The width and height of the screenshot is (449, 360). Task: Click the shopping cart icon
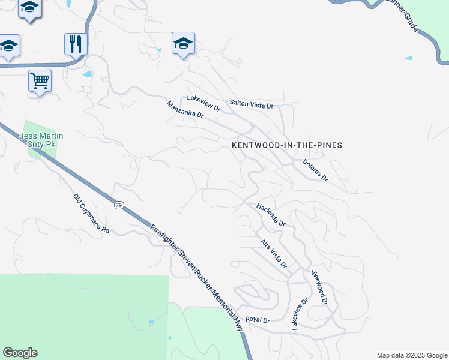point(40,80)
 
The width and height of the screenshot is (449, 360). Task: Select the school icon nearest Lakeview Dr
point(183,43)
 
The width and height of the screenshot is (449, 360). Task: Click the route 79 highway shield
point(119,206)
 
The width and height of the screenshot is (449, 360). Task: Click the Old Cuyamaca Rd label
point(91,214)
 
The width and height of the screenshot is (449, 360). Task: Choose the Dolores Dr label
point(315,170)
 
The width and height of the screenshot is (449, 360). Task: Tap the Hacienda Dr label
point(271,214)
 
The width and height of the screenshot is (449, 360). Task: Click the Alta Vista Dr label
point(274,253)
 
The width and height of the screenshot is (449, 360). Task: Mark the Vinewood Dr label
point(319,287)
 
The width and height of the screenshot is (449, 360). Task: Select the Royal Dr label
point(258,320)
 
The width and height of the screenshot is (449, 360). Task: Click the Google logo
point(20,353)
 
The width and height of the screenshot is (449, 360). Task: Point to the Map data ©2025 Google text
point(411,355)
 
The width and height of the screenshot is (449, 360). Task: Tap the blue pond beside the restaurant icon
point(88,74)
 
